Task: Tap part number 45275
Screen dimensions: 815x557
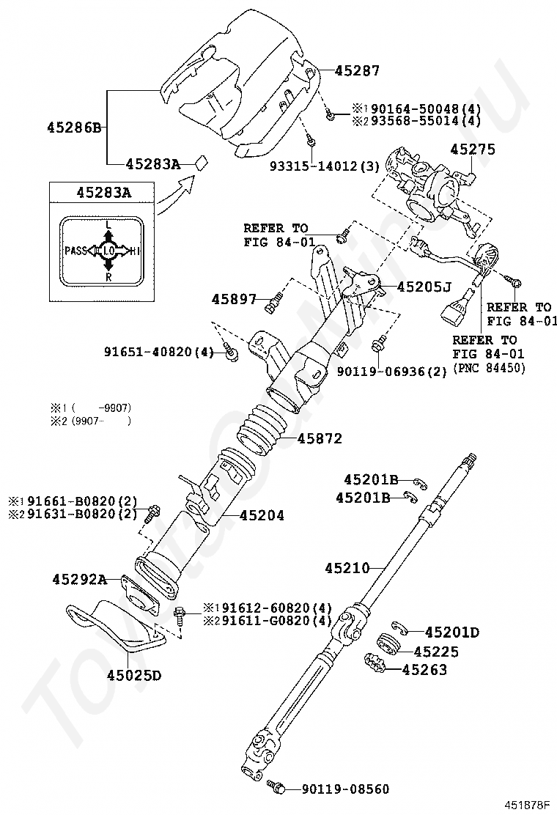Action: click(473, 150)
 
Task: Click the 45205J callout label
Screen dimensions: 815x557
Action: click(424, 287)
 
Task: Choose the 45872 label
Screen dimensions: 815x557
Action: click(320, 439)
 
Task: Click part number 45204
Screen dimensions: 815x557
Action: click(262, 516)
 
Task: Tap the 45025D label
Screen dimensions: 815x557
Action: click(133, 675)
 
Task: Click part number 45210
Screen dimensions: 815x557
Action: click(349, 567)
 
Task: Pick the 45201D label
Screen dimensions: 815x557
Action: click(452, 632)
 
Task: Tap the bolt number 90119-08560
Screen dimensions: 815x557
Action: click(346, 789)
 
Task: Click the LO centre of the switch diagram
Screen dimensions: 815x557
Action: click(108, 251)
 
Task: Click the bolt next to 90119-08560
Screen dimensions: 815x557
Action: click(277, 786)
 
